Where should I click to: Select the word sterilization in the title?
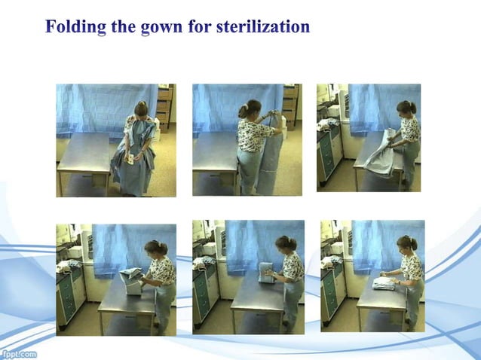click(263, 27)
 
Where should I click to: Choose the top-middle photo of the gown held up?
click(247, 140)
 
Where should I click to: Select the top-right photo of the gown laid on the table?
click(368, 137)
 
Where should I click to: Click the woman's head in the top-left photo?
click(141, 108)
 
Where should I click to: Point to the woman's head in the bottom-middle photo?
click(286, 244)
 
